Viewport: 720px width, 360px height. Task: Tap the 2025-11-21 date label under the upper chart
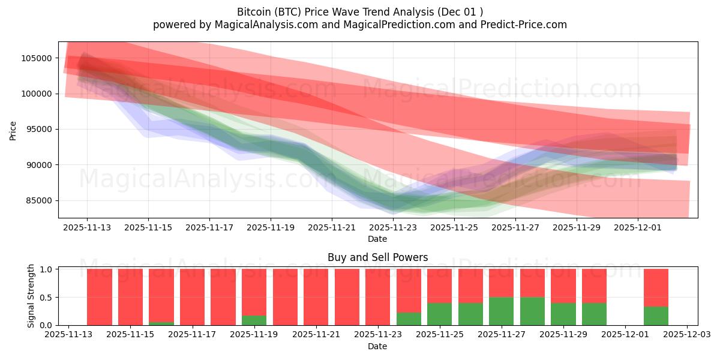coord(331,228)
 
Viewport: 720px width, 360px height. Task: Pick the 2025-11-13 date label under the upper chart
coord(86,228)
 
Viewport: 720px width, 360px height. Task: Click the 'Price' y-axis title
coord(13,129)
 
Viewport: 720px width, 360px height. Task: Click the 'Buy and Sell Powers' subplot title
coord(377,257)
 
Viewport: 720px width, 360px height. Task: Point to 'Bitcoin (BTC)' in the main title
coord(270,12)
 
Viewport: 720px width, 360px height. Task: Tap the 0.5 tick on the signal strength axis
coord(46,298)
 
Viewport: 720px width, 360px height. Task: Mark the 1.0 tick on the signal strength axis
coord(46,269)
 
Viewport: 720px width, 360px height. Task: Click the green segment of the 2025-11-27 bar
coord(502,311)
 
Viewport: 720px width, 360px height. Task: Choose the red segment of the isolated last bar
coord(656,287)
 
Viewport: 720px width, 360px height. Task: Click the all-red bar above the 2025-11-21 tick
coord(316,297)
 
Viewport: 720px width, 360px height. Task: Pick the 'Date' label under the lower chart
coord(377,346)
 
